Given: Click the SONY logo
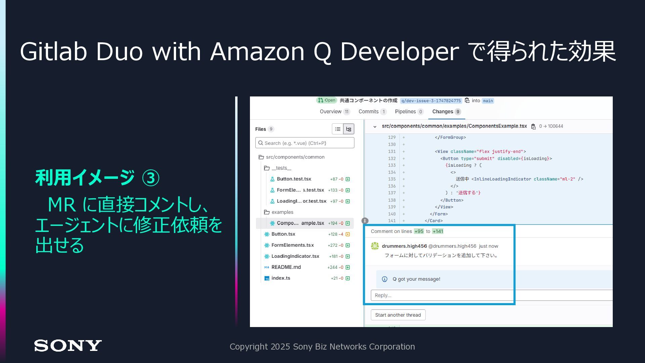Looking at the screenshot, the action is tap(68, 346).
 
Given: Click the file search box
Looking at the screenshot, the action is tap(305, 143).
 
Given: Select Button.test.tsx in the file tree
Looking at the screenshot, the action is tap(294, 179).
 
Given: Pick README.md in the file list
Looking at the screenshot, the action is tap(286, 267).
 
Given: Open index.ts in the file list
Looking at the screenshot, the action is tap(281, 278).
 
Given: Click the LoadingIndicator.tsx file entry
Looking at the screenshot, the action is tap(295, 256).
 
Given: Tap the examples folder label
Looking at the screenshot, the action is tap(282, 212).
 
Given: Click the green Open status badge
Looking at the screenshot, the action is tap(327, 100).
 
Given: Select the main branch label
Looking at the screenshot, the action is tap(488, 101).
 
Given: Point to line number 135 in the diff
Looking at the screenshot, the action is tap(392, 179).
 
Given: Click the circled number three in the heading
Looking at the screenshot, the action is tap(150, 178).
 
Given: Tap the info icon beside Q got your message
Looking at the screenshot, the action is tap(385, 279).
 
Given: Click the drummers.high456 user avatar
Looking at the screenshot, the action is tap(375, 246).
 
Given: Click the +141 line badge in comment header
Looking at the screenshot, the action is tap(438, 231).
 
